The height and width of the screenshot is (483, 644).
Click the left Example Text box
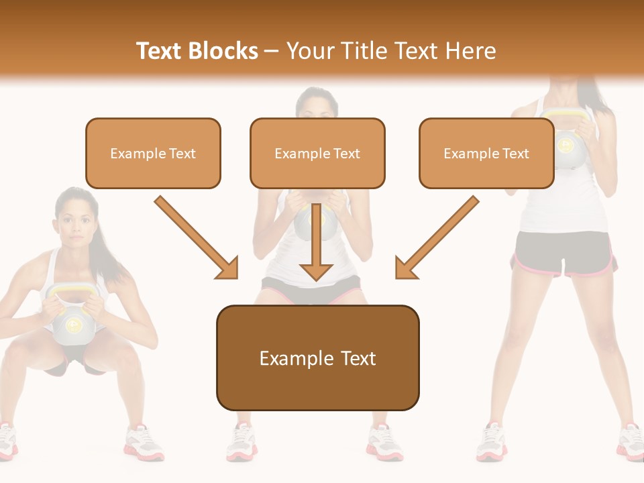(x=153, y=153)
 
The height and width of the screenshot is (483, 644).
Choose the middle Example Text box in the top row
(x=317, y=153)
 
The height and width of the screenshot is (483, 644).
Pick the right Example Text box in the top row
(x=486, y=153)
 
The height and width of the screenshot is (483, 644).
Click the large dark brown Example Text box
(x=317, y=358)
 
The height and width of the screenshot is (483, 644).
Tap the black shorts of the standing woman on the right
(x=563, y=254)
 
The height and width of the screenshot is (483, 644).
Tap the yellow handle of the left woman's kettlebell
(x=70, y=290)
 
